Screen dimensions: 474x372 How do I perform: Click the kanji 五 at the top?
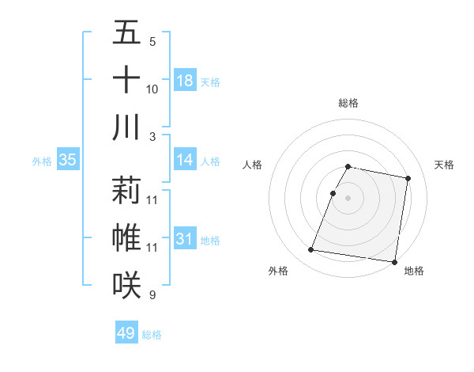(x=126, y=33)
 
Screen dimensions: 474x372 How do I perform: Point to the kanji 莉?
(x=126, y=191)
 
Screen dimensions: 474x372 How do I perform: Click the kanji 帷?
(x=126, y=238)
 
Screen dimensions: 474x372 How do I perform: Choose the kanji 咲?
(x=126, y=284)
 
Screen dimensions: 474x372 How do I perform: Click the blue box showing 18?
(x=185, y=80)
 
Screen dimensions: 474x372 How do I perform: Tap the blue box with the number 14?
(x=185, y=160)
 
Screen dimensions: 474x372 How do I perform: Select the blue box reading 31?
(x=185, y=239)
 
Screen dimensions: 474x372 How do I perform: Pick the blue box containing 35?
(x=67, y=160)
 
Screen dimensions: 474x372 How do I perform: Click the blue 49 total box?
(x=126, y=333)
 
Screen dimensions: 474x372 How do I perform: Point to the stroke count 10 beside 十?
(x=152, y=89)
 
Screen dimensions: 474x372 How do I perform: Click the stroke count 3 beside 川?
(x=152, y=136)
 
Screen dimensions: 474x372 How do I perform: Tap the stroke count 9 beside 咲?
(x=152, y=295)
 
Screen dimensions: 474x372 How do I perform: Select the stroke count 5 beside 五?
(x=152, y=42)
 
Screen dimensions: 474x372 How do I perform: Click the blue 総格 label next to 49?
(x=152, y=334)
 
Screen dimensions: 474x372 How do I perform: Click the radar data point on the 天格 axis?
(x=408, y=179)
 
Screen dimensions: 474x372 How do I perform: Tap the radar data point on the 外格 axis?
(x=311, y=250)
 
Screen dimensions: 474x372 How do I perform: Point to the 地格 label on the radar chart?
(x=414, y=271)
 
